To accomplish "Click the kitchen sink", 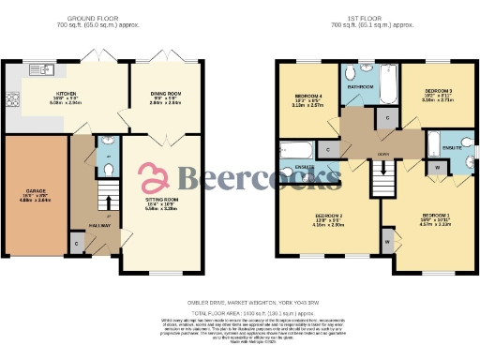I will click(x=41, y=68).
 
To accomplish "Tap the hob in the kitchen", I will click(x=13, y=97).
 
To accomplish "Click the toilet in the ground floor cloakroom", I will click(x=108, y=168).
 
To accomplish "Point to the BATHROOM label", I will click(x=361, y=87).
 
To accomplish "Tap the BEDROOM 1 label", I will click(x=430, y=217).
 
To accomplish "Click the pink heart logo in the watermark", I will click(x=151, y=174).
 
